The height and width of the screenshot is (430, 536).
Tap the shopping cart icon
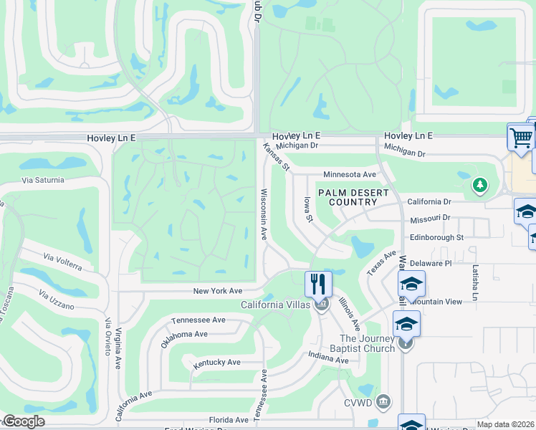[x=521, y=136]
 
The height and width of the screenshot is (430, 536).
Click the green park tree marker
[x=479, y=186]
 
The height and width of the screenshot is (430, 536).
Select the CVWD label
[x=358, y=402]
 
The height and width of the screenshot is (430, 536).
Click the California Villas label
[x=276, y=305]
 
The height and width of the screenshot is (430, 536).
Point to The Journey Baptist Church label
[x=368, y=343]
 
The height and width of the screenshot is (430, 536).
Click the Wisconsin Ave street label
[x=264, y=214]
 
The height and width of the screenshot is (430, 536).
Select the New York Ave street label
[x=218, y=291]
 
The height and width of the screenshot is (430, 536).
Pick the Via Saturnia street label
[x=43, y=180]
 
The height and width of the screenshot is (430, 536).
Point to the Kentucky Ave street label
[x=216, y=363]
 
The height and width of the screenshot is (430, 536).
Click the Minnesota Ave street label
[x=350, y=174]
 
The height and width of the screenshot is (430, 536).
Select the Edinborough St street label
[x=436, y=237]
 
